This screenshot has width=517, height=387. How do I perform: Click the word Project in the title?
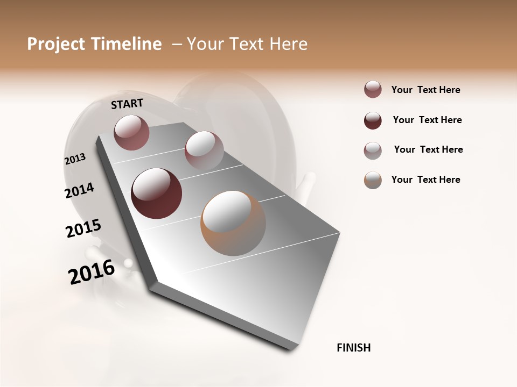tap(54, 44)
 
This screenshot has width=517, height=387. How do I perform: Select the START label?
tap(127, 104)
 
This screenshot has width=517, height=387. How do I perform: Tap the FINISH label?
tap(354, 348)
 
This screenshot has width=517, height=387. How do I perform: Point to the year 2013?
tap(75, 159)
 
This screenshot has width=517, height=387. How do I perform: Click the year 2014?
tap(79, 190)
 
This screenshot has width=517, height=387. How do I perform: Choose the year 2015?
tap(83, 228)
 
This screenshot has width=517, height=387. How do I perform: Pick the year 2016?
tap(92, 271)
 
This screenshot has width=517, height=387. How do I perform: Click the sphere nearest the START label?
tap(131, 132)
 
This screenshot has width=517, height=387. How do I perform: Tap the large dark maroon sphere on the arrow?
tap(157, 193)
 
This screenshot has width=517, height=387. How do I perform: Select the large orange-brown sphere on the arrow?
tap(233, 223)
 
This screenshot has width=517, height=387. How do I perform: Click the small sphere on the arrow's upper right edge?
tap(204, 150)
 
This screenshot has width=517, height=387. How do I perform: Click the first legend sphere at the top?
tap(373, 90)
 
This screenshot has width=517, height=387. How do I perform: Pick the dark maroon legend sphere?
tap(373, 120)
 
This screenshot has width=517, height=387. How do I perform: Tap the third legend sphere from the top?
tap(373, 150)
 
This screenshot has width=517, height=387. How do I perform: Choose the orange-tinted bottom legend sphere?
tap(373, 180)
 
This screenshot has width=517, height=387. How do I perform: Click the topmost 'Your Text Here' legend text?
tap(425, 90)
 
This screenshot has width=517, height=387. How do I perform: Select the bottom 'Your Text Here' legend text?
tap(425, 180)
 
